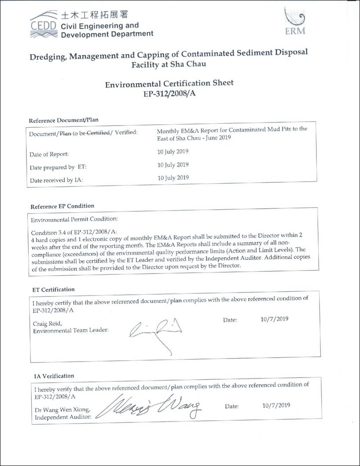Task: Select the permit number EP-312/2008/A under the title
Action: (169, 93)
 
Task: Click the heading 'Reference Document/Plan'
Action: (63, 120)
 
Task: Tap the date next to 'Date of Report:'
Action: (173, 152)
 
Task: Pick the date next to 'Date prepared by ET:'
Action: (173, 165)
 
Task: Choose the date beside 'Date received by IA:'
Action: (173, 178)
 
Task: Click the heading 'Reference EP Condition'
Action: (62, 206)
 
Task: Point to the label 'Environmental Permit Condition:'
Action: (74, 219)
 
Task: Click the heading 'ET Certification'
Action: (54, 289)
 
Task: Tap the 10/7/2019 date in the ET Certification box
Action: (275, 319)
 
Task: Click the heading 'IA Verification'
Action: (54, 376)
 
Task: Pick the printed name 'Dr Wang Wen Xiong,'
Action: (62, 409)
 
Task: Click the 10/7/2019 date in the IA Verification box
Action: (276, 405)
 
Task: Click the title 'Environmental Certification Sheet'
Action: (169, 83)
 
